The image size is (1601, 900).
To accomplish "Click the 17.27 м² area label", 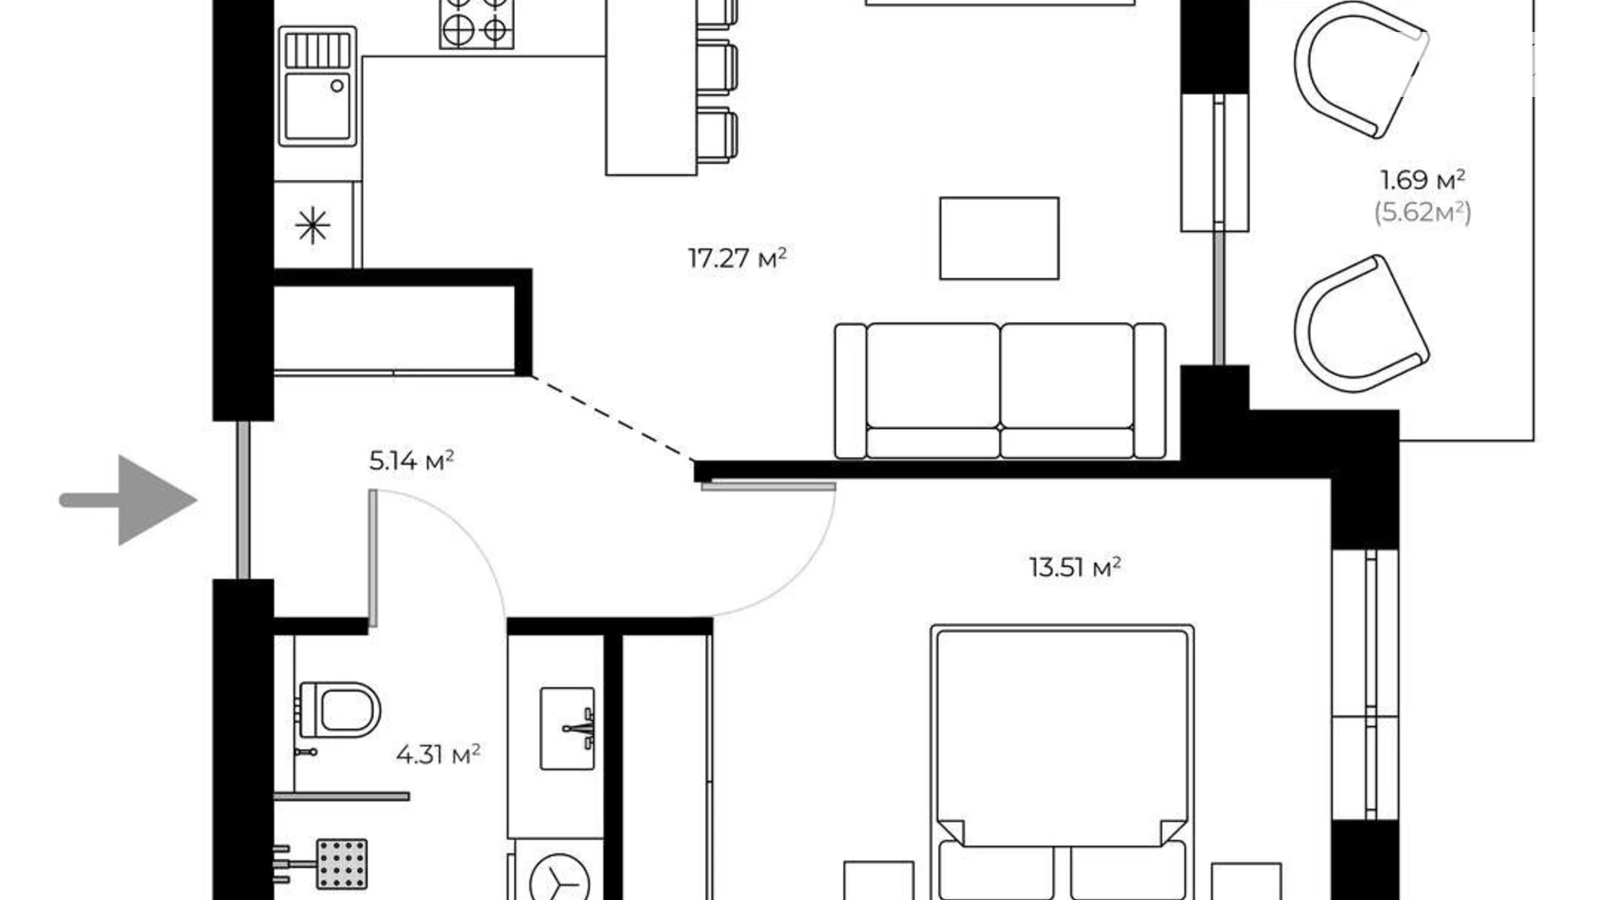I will coord(736,258).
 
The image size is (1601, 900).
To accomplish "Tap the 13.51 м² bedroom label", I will coord(1075,568).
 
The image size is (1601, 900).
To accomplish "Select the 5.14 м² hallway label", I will coord(411,460).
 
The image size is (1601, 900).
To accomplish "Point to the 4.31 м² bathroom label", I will coord(438,755).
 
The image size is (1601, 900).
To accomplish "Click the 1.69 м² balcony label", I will coord(1422,180).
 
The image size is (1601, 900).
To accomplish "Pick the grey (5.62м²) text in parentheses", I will coord(1423,212).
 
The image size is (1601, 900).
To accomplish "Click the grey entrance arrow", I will coord(130,500).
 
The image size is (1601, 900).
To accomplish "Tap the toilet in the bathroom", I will coord(342,709).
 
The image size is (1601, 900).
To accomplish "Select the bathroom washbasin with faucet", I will coord(567,728).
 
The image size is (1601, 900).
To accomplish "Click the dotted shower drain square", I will coord(342,863).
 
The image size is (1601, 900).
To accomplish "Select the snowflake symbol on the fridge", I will coord(312,226).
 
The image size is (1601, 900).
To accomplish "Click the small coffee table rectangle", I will coord(999,238).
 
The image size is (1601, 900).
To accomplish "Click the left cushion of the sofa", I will coord(933,376).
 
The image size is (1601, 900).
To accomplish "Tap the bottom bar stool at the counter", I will coord(717,135).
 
